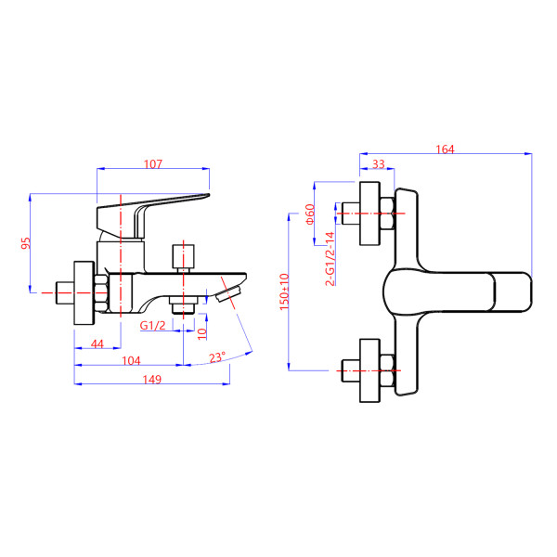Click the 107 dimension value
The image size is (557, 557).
point(153,164)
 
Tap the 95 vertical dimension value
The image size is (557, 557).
point(26,243)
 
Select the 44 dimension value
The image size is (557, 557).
point(97,344)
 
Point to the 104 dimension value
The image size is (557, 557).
point(131,360)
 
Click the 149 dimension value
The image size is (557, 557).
point(153,379)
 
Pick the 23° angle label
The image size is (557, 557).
point(216,357)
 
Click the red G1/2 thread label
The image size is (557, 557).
point(152,326)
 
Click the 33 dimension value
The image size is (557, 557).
point(378,164)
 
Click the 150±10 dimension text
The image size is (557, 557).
point(284,295)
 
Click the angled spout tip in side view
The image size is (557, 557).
point(227,294)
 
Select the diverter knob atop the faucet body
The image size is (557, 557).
point(184,255)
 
